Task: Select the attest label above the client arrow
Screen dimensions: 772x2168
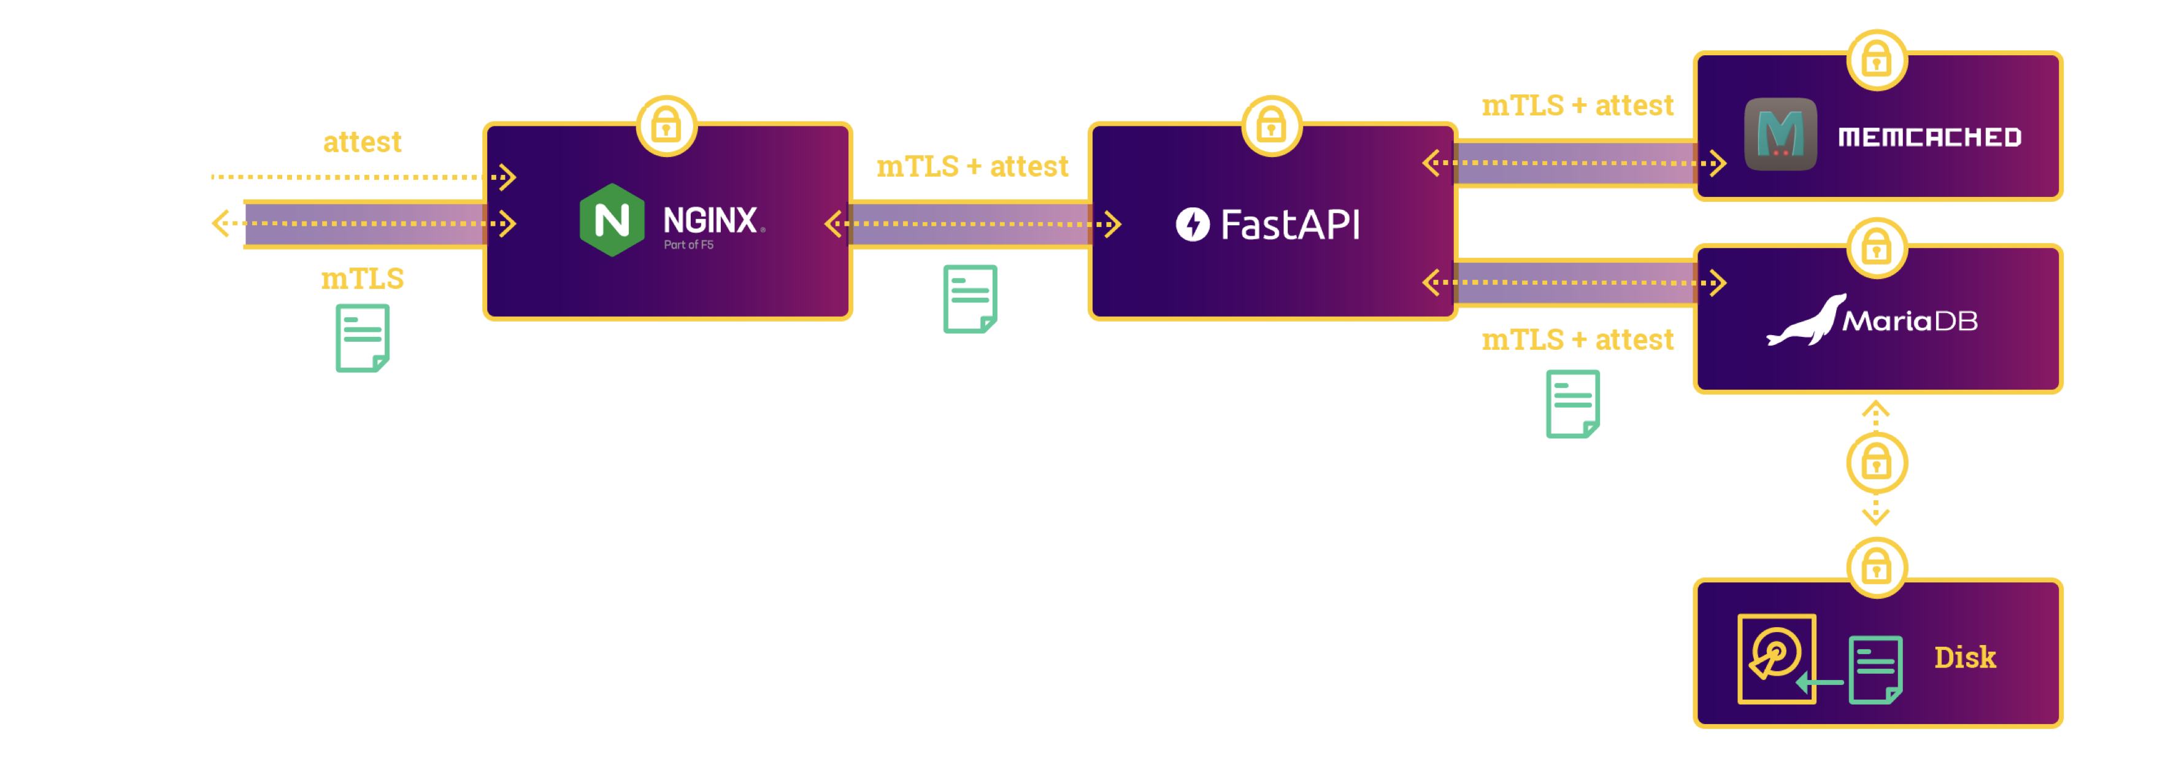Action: (x=362, y=141)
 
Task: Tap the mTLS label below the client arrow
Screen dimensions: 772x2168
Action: (x=362, y=279)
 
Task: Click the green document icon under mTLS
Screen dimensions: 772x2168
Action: (x=363, y=338)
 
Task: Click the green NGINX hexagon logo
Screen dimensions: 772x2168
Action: (x=612, y=220)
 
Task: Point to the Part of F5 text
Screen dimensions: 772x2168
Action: (x=688, y=245)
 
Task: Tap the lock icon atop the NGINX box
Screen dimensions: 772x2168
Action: (x=667, y=126)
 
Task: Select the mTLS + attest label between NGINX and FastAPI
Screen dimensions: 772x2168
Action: (x=972, y=167)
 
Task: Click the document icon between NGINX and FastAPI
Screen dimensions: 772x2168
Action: (x=969, y=299)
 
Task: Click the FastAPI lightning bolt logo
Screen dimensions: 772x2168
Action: (x=1193, y=224)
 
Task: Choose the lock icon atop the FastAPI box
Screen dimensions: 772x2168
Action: (x=1272, y=126)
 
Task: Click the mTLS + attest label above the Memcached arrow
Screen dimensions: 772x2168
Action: (x=1577, y=106)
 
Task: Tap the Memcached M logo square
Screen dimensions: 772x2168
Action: (x=1780, y=134)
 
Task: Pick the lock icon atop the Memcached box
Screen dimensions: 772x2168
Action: (x=1876, y=60)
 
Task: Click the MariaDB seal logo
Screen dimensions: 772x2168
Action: (x=1806, y=321)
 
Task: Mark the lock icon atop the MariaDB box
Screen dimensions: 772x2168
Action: (x=1876, y=247)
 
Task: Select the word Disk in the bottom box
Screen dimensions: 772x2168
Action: (x=1964, y=657)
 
